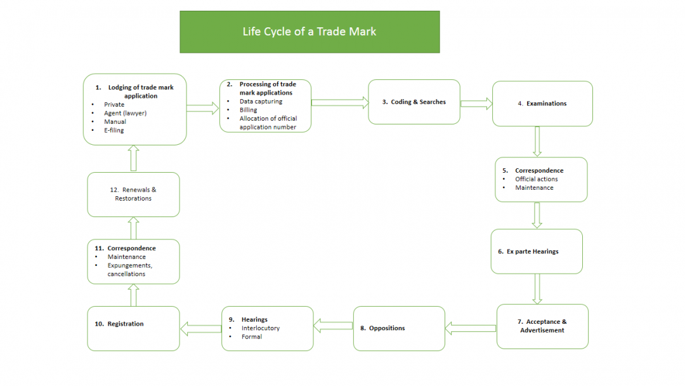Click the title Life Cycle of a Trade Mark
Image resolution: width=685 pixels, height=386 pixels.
click(310, 32)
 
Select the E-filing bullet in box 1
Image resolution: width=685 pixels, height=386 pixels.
click(115, 130)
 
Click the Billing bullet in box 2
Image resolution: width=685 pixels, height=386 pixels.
click(248, 110)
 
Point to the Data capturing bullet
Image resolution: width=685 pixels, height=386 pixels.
click(261, 101)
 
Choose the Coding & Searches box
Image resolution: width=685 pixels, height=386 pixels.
click(414, 102)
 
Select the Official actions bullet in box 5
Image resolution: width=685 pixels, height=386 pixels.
click(536, 179)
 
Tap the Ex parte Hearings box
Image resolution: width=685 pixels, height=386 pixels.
click(536, 251)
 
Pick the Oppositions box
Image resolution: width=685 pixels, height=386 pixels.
click(399, 328)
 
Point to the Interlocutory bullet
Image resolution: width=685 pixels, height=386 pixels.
click(260, 328)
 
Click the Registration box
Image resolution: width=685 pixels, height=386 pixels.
click(133, 328)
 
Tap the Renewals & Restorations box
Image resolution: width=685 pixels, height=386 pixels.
click(133, 194)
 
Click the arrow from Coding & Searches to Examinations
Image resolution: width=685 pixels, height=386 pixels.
click(476, 103)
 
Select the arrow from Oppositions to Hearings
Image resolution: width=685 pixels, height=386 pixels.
click(333, 326)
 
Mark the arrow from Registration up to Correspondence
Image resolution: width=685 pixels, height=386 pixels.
click(134, 295)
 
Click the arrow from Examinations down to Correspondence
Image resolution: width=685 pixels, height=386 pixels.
click(537, 141)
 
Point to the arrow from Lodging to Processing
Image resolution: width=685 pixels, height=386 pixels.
click(203, 109)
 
